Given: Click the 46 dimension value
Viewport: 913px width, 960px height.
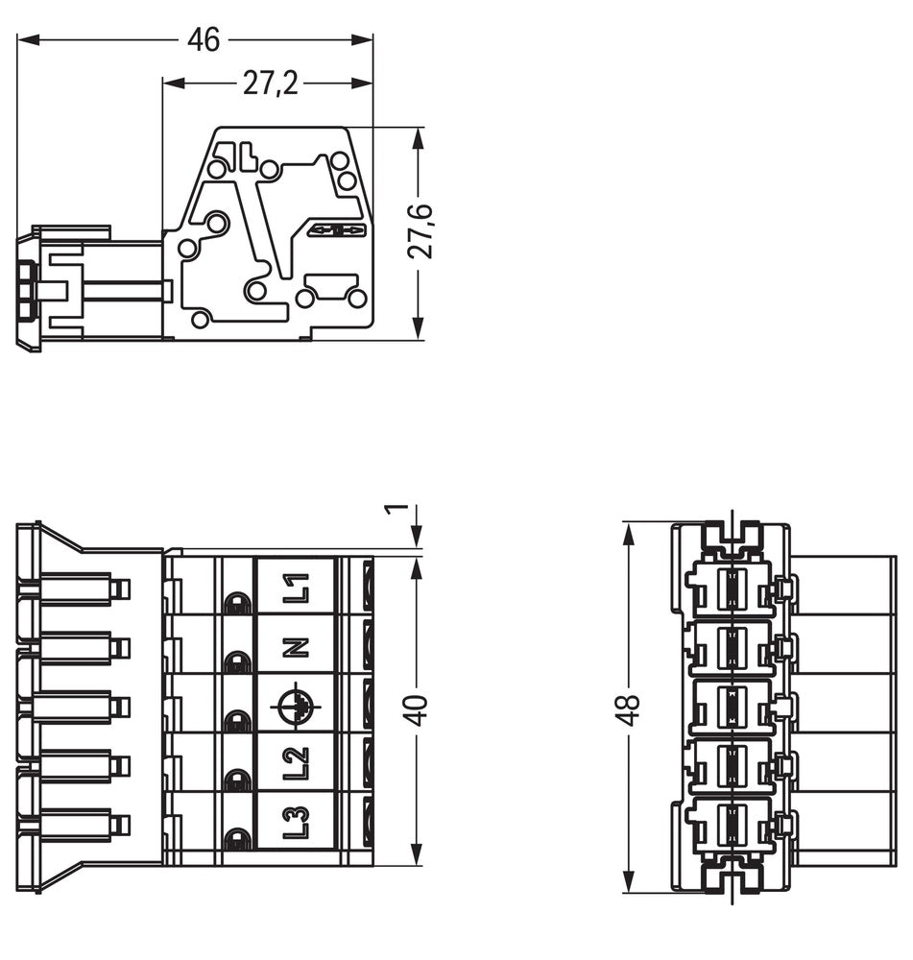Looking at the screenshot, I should click(204, 40).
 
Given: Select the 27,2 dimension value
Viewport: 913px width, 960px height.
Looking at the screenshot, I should click(270, 84).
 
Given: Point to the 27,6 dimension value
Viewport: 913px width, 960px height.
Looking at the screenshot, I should click(420, 231).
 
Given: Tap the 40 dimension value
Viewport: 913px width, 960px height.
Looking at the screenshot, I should click(420, 709).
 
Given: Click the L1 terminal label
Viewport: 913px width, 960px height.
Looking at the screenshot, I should click(298, 588).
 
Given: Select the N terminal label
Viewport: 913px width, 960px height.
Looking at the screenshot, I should click(298, 647).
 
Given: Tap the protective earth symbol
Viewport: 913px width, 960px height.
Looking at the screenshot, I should click(297, 707).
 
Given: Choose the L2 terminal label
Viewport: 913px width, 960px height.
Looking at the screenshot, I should click(298, 764).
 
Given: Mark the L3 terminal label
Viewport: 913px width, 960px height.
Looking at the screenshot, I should click(298, 824).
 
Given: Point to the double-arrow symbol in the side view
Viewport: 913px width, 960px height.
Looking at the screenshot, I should click(336, 230).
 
